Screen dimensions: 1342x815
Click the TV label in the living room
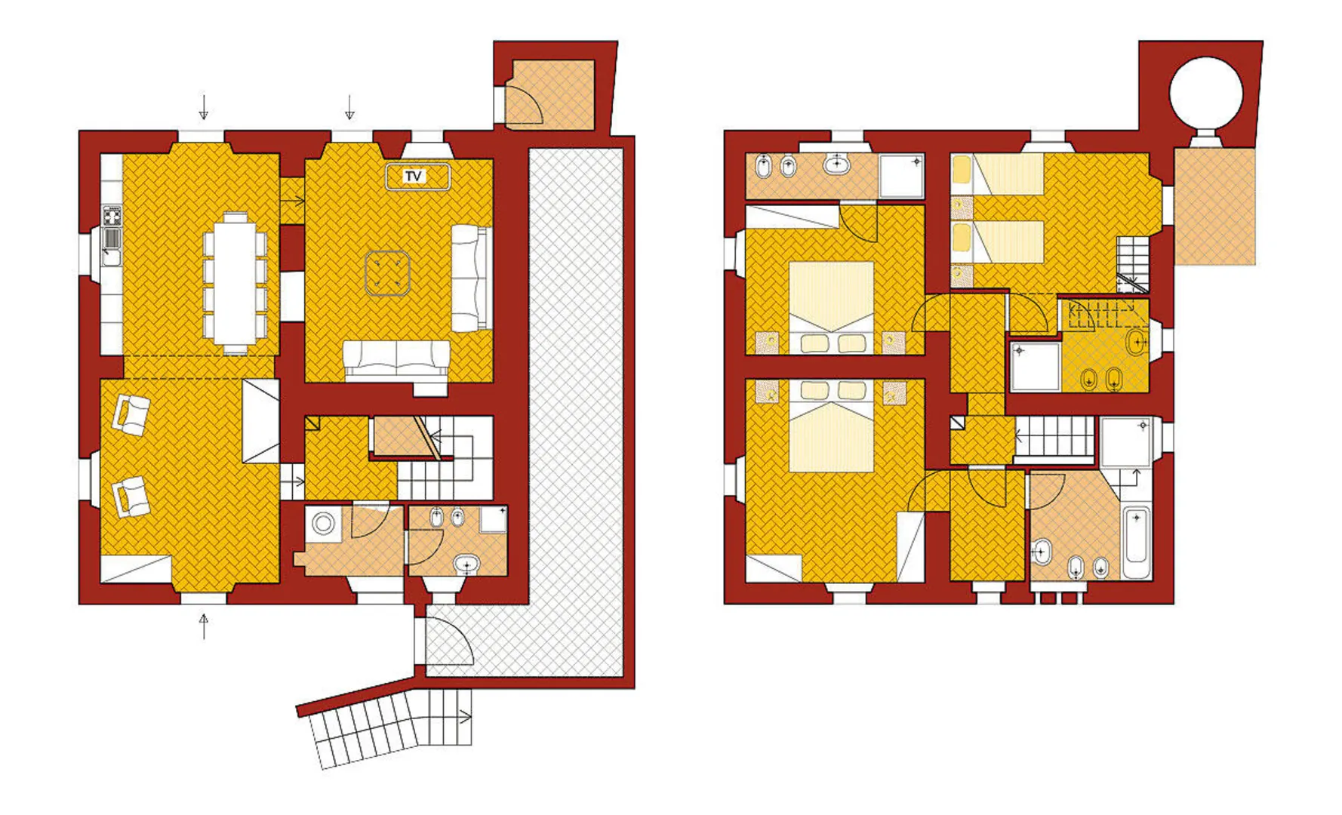(x=413, y=177)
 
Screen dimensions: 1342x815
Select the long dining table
(x=235, y=283)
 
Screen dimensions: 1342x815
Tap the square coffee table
(x=387, y=273)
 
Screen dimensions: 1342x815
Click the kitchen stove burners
(x=112, y=217)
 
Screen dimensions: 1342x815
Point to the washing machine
(x=324, y=523)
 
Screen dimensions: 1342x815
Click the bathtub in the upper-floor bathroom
(x=1136, y=543)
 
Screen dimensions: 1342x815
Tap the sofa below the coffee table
(x=396, y=359)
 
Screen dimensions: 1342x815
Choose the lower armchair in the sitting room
(x=131, y=497)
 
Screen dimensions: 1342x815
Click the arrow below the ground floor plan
(x=203, y=626)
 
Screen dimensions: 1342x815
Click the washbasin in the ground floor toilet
(x=466, y=563)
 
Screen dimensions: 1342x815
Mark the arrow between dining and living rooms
(x=292, y=201)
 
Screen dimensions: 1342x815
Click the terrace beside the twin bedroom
(x=1214, y=206)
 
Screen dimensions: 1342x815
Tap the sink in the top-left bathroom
(x=836, y=164)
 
